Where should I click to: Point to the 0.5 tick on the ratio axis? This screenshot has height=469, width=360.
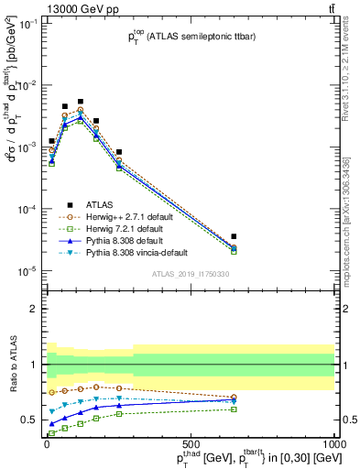(x=33, y=420)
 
